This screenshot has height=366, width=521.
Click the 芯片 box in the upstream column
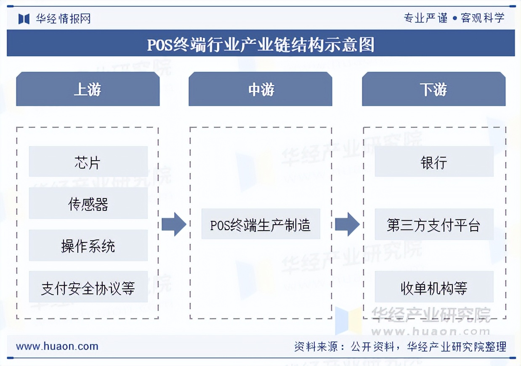pyautogui.click(x=88, y=162)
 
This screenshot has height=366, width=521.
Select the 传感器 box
pyautogui.click(x=88, y=204)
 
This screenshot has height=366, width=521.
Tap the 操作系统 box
pyautogui.click(x=88, y=246)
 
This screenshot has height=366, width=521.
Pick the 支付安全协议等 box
pyautogui.click(x=88, y=288)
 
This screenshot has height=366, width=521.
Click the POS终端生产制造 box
pyautogui.click(x=260, y=224)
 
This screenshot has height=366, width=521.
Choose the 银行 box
pyautogui.click(x=433, y=162)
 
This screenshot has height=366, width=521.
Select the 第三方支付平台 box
pyautogui.click(x=433, y=225)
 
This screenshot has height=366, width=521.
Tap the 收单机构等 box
pyautogui.click(x=433, y=288)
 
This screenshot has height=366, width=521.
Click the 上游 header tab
pyautogui.click(x=88, y=89)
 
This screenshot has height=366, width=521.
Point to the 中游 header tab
pyautogui.click(x=260, y=89)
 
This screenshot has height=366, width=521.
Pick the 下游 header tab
pyautogui.click(x=433, y=89)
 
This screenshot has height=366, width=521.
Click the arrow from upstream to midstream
pyautogui.click(x=174, y=224)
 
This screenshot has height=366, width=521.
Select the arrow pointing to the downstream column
pyautogui.click(x=347, y=224)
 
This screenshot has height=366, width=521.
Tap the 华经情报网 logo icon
pyautogui.click(x=24, y=19)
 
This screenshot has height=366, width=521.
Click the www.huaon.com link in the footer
pyautogui.click(x=57, y=347)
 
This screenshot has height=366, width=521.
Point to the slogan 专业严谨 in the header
pyautogui.click(x=425, y=18)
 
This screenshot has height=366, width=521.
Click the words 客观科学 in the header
pyautogui.click(x=482, y=18)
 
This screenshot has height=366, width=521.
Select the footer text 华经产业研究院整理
pyautogui.click(x=457, y=347)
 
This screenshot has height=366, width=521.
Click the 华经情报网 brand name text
pyautogui.click(x=63, y=19)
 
